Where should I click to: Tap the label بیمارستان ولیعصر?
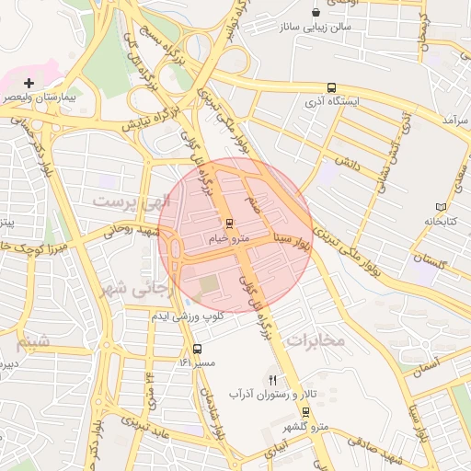pyautogui.click(x=30, y=96)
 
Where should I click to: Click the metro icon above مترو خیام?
pyautogui.click(x=229, y=223)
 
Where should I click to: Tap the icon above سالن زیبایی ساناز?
pyautogui.click(x=316, y=12)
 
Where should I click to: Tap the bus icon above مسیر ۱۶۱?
pyautogui.click(x=198, y=348)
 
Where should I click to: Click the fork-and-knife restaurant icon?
pyautogui.click(x=272, y=379)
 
